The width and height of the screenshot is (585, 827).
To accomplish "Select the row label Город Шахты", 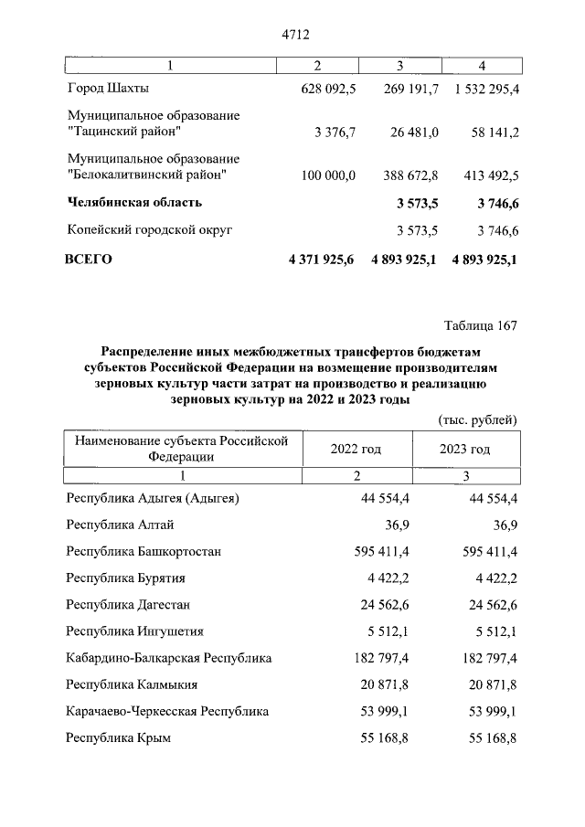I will [x=108, y=90].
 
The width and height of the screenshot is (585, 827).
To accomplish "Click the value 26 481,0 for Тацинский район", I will [x=414, y=133].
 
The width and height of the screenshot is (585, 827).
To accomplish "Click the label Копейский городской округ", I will [x=149, y=230].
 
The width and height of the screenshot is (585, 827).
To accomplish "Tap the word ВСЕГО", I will [x=89, y=260].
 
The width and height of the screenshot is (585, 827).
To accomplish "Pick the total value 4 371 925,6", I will [x=322, y=260].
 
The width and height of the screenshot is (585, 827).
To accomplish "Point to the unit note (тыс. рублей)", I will [x=474, y=419].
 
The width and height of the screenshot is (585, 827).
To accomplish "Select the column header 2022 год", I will [x=356, y=449].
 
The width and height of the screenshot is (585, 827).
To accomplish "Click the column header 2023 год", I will [x=464, y=449].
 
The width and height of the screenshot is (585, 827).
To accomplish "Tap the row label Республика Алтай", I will [x=120, y=525].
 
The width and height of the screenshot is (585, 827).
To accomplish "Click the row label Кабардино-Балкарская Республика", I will [x=169, y=657].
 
